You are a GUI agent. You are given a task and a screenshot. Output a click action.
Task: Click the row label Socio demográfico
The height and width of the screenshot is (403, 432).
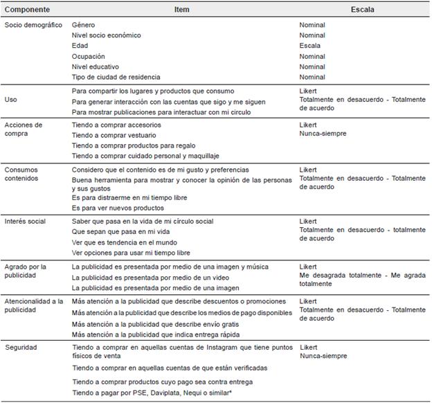pos(33,25)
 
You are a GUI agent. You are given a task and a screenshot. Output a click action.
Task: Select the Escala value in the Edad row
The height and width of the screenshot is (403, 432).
pos(309,46)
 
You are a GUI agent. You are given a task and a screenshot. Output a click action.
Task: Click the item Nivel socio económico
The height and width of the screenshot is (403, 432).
pos(106,35)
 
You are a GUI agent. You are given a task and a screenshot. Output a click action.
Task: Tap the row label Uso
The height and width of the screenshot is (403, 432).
pos(11,100)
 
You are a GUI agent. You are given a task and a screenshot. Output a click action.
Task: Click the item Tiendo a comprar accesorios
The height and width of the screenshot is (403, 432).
pos(118,125)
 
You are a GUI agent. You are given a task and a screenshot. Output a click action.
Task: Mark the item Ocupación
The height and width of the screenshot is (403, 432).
pos(89,56)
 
